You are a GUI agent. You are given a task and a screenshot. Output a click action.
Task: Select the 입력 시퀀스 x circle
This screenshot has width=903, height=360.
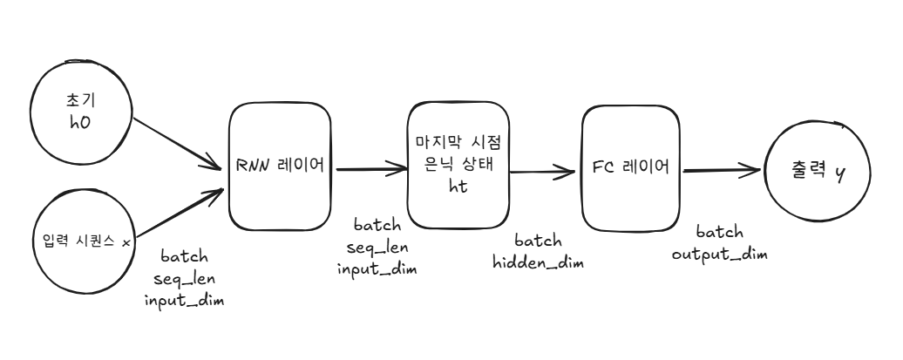point(81,240)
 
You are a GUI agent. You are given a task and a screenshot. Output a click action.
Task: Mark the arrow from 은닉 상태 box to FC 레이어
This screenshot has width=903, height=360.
point(546,172)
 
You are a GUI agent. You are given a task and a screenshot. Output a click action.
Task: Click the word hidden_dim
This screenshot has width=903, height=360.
point(538,262)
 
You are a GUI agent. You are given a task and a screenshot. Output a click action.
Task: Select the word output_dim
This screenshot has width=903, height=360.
point(719,253)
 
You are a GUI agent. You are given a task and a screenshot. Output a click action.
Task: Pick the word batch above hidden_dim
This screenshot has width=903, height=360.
point(538,241)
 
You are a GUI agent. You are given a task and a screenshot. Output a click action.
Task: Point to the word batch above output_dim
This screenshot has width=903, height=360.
point(719,233)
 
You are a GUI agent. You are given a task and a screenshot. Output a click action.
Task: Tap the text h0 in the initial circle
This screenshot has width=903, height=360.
point(80,123)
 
